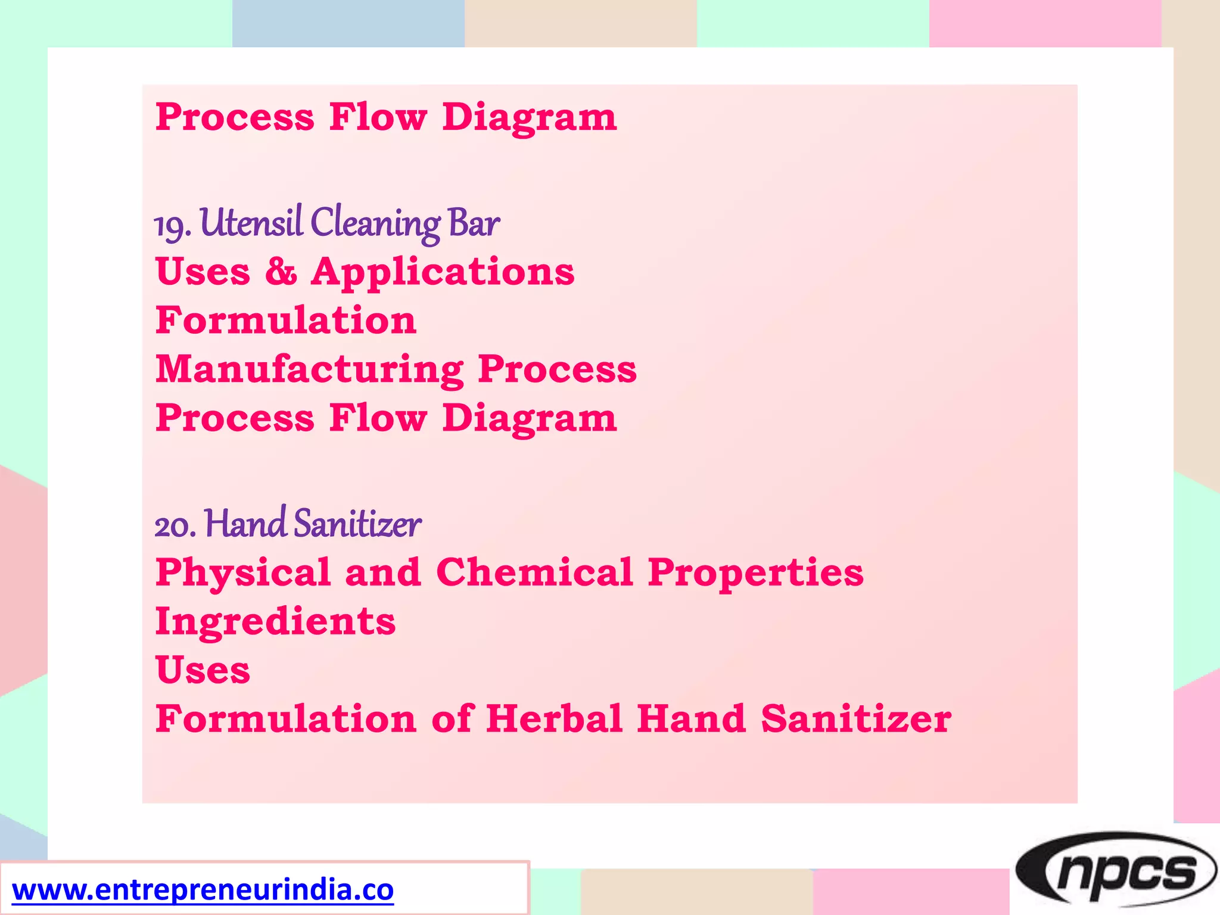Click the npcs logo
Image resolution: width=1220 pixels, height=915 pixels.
tap(1116, 872)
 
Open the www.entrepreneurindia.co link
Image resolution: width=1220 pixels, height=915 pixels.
tap(203, 890)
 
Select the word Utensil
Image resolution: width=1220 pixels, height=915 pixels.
tap(251, 223)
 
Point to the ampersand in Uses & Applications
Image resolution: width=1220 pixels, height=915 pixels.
tap(281, 272)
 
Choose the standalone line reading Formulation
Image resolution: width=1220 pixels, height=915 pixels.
tap(286, 320)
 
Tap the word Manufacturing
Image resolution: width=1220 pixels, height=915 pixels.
tap(310, 370)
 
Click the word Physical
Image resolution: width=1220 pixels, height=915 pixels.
tap(243, 573)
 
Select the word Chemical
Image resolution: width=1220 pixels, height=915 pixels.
tap(534, 572)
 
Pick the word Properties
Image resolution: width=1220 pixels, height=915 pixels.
tap(755, 574)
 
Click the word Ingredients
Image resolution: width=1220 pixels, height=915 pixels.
tap(275, 622)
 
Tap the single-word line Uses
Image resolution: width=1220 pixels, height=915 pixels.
tap(203, 671)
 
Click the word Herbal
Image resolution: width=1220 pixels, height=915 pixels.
tap(554, 718)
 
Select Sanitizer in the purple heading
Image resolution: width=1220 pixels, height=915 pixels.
tap(357, 524)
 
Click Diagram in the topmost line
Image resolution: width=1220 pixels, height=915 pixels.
tap(529, 117)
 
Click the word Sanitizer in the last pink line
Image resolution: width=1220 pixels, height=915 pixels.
tap(855, 718)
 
